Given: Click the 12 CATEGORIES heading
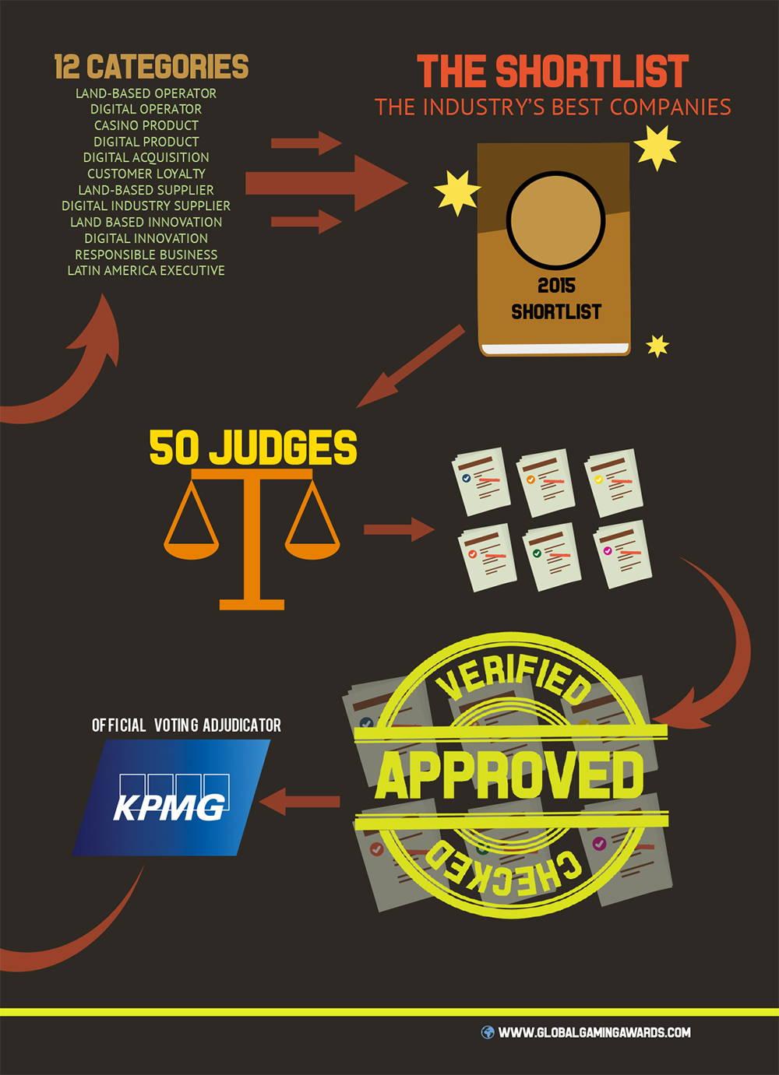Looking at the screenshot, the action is click(151, 67).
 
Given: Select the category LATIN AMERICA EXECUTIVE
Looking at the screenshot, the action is click(146, 271).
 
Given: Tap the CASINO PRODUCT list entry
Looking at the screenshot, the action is click(146, 125).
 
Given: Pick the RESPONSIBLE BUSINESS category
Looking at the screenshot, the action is click(146, 255).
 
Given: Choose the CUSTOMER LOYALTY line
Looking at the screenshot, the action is click(146, 174).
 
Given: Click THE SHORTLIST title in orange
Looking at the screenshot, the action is click(553, 72).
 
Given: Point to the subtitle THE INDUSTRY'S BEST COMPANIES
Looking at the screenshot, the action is click(553, 107).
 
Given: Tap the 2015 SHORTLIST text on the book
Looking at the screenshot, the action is click(556, 299).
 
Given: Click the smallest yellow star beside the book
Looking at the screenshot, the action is click(658, 345).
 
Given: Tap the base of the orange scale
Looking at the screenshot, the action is click(252, 602).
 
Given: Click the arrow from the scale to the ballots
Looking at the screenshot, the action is click(397, 530).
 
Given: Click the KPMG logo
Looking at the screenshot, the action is click(171, 798).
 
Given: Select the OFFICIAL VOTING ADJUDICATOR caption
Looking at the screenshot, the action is click(186, 725).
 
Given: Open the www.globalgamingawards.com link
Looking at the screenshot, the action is click(594, 1032).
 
